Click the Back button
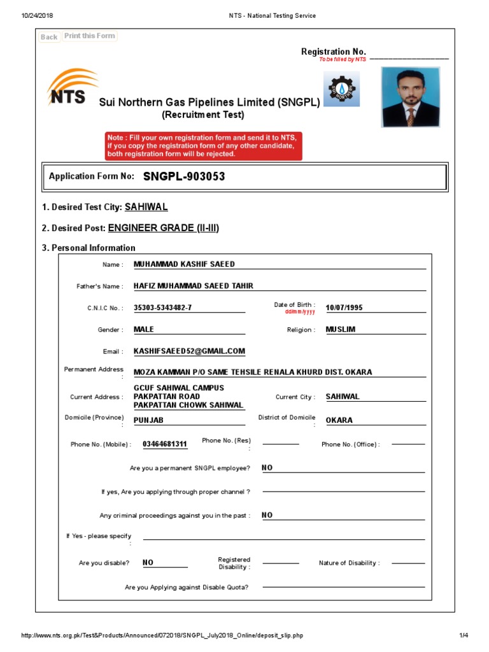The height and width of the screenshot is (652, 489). click(x=49, y=37)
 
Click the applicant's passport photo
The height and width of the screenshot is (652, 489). click(x=411, y=97)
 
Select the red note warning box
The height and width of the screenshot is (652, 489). click(x=204, y=146)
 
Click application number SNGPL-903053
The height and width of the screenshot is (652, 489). click(x=184, y=176)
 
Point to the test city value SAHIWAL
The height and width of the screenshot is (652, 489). click(x=146, y=207)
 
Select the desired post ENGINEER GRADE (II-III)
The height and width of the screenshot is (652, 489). click(x=163, y=228)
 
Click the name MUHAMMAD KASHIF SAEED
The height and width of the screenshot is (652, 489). click(x=184, y=264)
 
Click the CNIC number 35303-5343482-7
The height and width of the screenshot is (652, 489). click(x=162, y=308)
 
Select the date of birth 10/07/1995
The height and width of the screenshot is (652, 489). click(x=344, y=308)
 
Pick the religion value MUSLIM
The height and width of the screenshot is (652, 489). click(x=341, y=329)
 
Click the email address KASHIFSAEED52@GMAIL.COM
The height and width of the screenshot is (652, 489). click(x=189, y=351)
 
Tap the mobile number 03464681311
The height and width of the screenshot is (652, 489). click(x=165, y=444)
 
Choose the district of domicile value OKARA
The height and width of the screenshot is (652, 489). click(x=339, y=420)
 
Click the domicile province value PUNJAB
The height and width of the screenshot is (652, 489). click(x=148, y=420)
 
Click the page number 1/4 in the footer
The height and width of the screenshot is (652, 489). click(x=463, y=635)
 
